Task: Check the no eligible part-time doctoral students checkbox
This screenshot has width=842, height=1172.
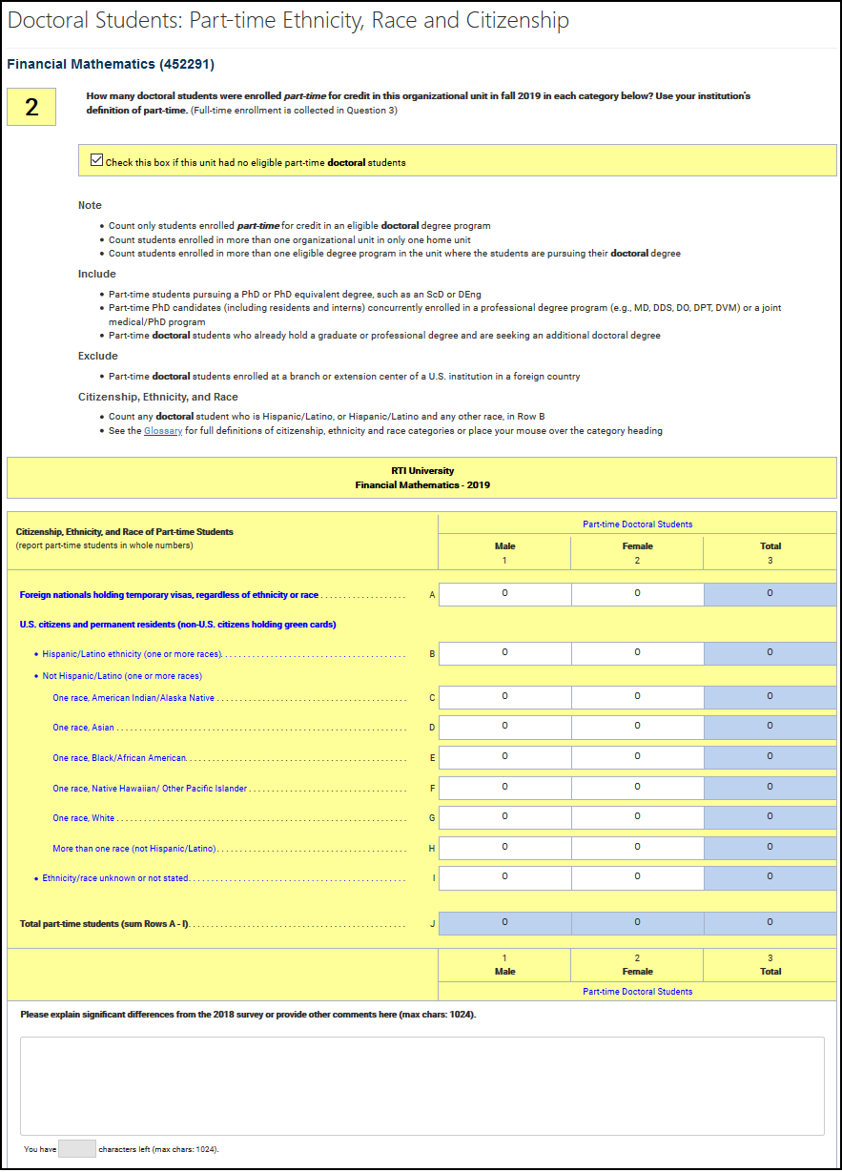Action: (x=96, y=160)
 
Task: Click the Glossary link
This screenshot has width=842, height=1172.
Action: (x=163, y=431)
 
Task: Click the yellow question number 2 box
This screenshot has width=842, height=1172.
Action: (x=31, y=108)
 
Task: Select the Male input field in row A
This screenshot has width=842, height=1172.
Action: (x=504, y=594)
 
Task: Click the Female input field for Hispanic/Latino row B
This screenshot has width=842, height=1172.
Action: (x=637, y=653)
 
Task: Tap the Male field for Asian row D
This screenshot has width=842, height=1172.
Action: (x=504, y=728)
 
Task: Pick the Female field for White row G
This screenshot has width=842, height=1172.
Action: (x=637, y=817)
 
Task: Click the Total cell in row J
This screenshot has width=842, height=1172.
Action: (x=770, y=923)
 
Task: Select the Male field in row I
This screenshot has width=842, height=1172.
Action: (x=504, y=877)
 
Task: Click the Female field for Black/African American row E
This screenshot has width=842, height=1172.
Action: (x=637, y=757)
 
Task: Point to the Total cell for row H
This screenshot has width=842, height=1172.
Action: (x=770, y=848)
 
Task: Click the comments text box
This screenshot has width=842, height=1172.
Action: (x=421, y=1085)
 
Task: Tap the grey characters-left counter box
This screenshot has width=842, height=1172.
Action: (x=76, y=1149)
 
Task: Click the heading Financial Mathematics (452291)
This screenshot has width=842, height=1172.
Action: (x=111, y=65)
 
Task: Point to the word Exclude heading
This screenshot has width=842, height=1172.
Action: (x=98, y=356)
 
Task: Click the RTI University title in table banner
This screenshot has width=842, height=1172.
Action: (x=422, y=471)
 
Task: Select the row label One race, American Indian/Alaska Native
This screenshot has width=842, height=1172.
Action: (x=133, y=698)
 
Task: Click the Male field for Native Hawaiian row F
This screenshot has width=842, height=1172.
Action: (x=504, y=788)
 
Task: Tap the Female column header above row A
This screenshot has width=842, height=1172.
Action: (x=637, y=546)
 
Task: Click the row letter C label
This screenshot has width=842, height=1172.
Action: (x=432, y=698)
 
